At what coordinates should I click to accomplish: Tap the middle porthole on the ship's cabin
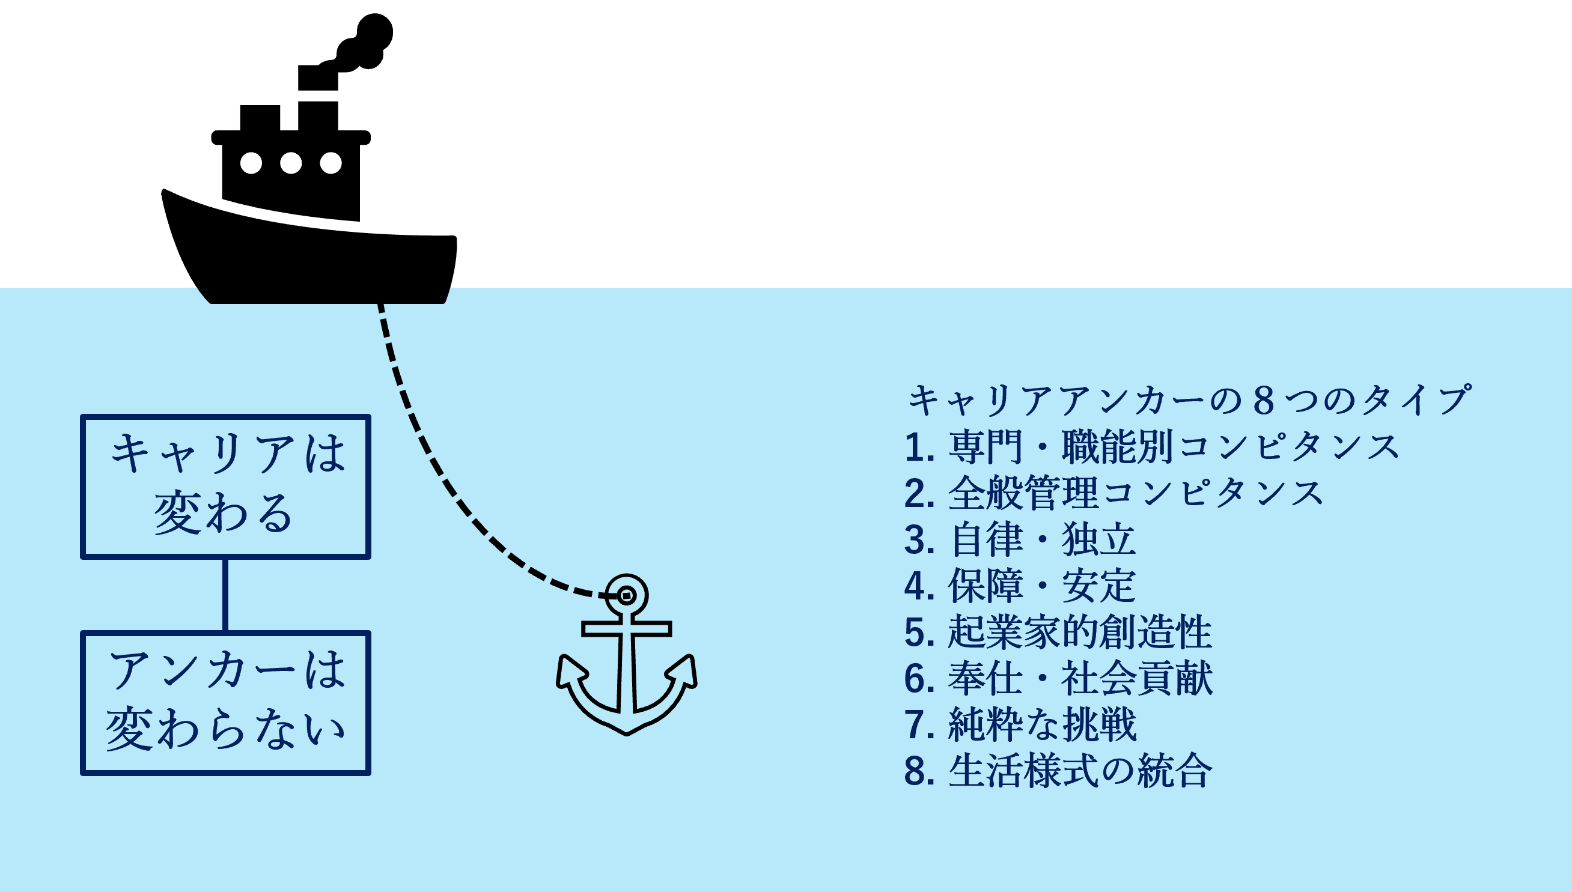[290, 163]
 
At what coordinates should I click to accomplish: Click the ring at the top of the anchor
[626, 595]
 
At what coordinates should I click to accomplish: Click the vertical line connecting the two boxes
[225, 595]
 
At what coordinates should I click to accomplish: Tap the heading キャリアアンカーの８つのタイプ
[1189, 400]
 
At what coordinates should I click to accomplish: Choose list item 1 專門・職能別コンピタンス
[1152, 447]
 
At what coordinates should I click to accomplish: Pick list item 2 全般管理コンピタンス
[1113, 493]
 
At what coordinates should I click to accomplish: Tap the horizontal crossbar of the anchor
[626, 628]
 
